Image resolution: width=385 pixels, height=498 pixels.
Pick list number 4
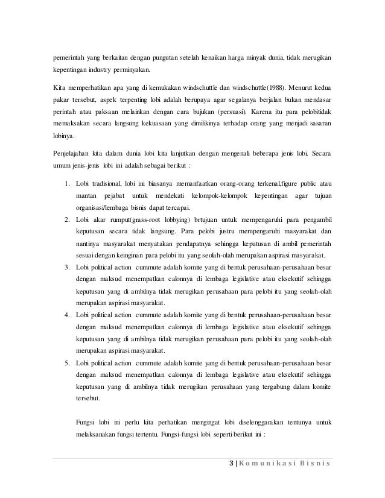point(66,315)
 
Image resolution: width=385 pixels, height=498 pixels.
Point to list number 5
point(66,363)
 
